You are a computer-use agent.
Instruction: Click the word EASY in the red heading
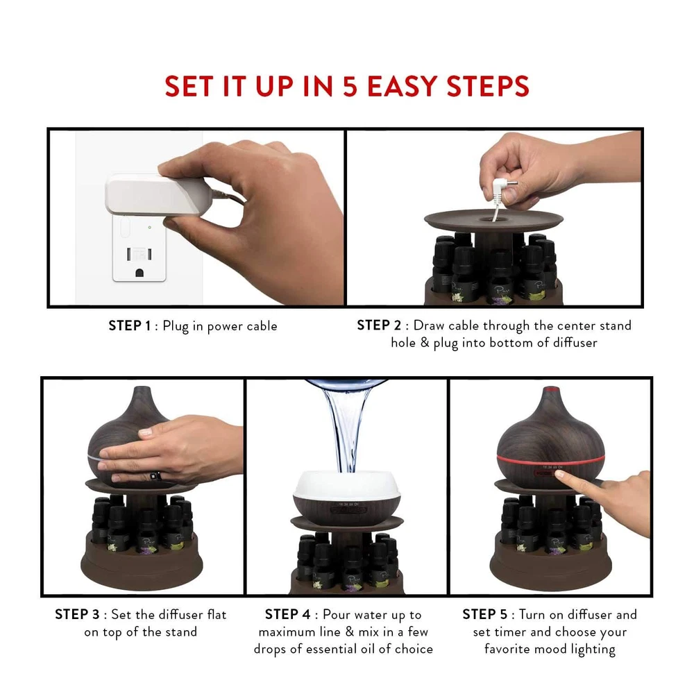403,86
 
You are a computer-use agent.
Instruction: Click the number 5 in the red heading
350,86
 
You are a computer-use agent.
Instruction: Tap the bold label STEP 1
130,325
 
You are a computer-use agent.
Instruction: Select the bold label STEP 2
379,325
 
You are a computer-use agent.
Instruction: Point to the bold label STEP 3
78,614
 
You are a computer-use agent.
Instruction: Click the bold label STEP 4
288,614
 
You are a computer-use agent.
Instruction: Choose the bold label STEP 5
485,614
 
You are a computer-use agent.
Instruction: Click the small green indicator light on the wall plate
150,228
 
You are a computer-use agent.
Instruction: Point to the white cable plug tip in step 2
505,184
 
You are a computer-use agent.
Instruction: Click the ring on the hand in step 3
155,476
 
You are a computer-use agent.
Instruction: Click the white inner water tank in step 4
347,484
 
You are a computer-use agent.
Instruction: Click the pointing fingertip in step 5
560,475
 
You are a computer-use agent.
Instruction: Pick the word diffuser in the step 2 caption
575,343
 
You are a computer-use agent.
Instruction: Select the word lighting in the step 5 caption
593,650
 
